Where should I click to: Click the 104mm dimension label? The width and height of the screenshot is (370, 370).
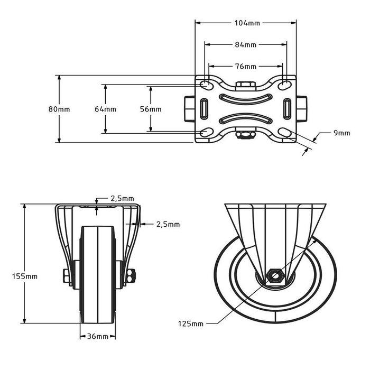[246, 23]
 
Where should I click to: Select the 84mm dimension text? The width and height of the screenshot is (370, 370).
[246, 45]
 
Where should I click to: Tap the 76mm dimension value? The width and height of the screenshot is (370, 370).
[246, 67]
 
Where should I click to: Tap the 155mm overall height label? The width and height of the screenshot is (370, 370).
[24, 276]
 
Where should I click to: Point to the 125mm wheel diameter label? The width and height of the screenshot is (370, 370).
[190, 323]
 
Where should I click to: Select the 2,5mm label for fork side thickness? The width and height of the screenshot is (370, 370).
[168, 224]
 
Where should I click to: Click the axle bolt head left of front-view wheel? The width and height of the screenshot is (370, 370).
[66, 276]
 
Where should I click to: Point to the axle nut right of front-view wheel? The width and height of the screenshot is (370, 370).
[132, 275]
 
